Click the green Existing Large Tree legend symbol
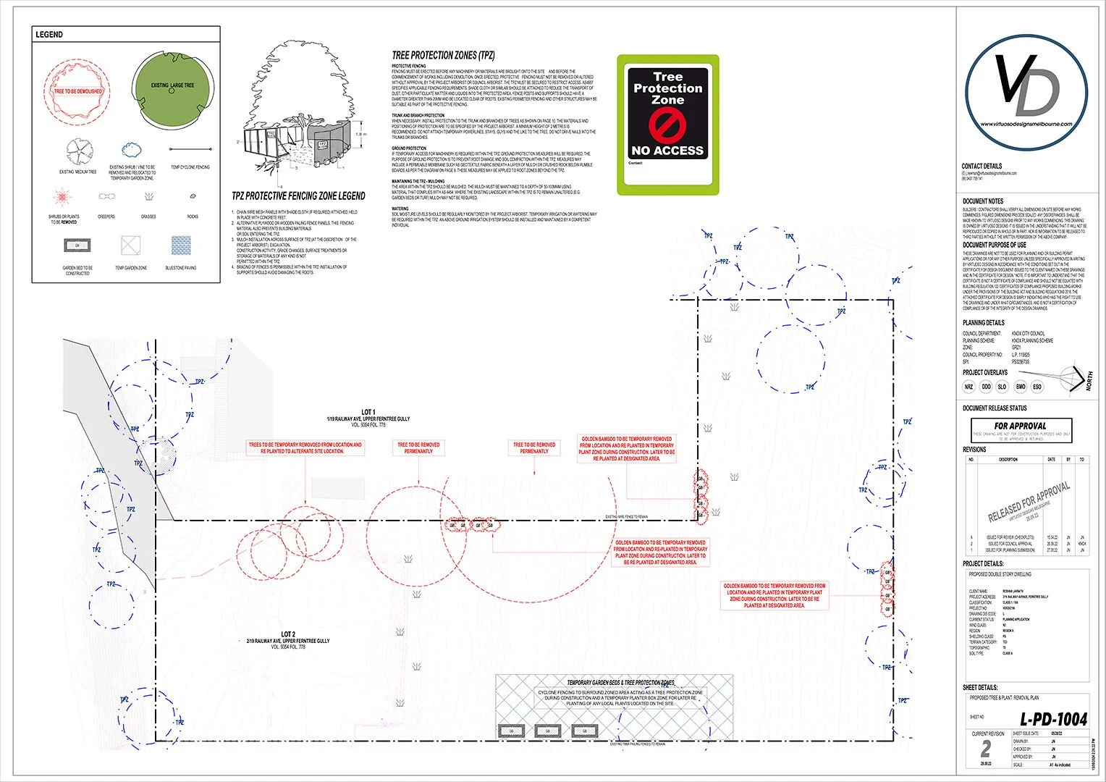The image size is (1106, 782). (173, 86)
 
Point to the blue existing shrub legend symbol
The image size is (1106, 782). (131, 151)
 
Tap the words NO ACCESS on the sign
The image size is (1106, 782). (667, 151)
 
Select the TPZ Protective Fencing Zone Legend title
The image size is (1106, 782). (298, 196)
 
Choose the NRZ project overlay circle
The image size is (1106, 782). (968, 387)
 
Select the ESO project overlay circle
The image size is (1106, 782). (1037, 387)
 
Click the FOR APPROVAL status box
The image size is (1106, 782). (1020, 429)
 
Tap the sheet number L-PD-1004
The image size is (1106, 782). (1053, 720)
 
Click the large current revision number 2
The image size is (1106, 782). (984, 749)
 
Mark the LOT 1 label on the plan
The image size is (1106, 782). (368, 412)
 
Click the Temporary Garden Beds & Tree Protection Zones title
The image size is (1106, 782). (620, 683)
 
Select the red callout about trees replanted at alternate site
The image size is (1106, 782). (305, 447)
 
